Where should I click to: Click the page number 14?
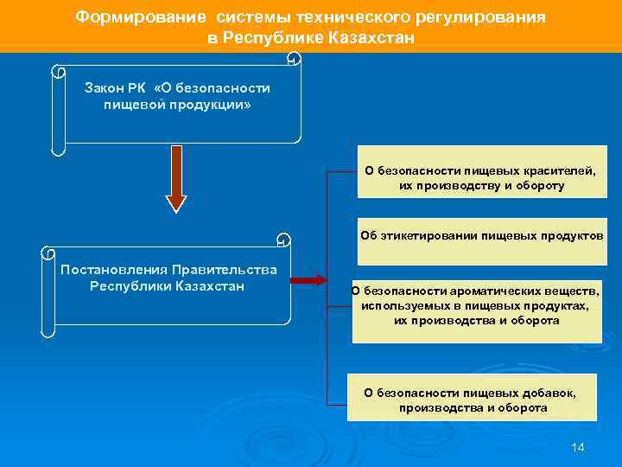[578, 447]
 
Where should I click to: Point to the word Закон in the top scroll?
[104, 88]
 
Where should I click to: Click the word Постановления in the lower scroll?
[113, 270]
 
